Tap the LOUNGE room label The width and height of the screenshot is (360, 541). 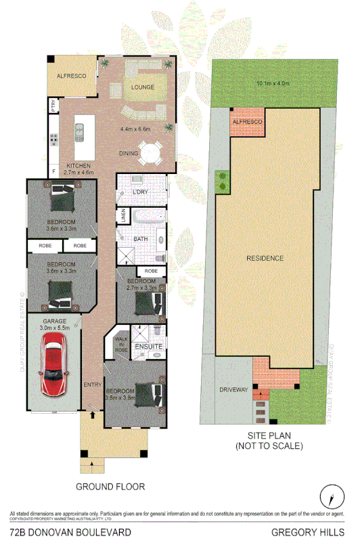142,87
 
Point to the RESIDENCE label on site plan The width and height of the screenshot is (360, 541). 265,258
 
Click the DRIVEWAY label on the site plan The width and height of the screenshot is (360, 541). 233,391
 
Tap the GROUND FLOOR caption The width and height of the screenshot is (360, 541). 110,486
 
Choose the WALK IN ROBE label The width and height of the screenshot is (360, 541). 121,343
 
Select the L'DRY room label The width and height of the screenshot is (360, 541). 141,192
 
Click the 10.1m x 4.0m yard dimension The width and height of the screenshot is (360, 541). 273,83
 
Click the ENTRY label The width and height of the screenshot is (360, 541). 91,385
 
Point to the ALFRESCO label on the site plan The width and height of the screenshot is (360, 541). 246,121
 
